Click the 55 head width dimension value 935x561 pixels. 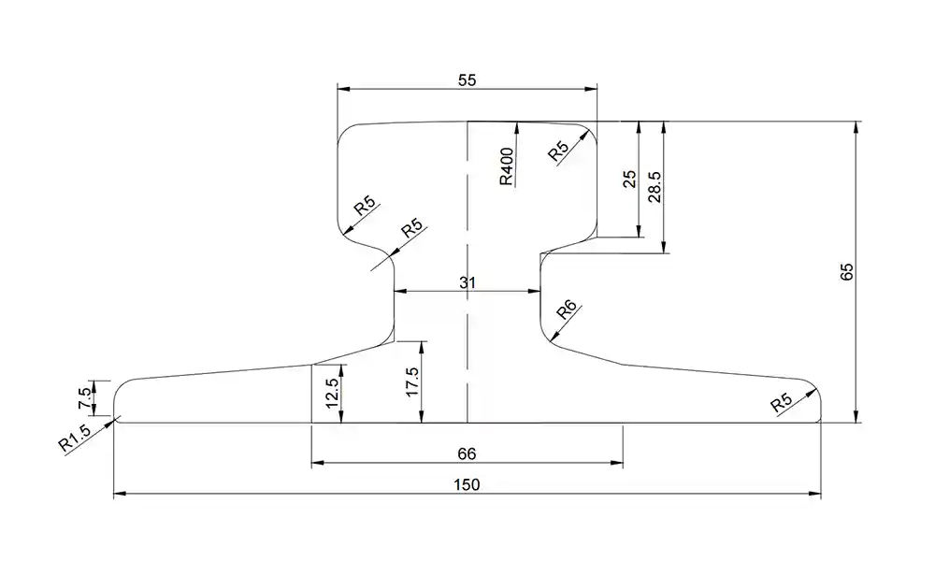point(467,79)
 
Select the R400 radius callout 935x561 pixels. point(506,166)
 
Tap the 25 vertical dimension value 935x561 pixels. point(629,179)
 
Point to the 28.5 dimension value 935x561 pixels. point(654,187)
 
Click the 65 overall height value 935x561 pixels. point(846,272)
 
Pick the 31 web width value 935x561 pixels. point(467,282)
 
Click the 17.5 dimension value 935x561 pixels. point(412,381)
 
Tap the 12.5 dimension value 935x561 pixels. point(332,393)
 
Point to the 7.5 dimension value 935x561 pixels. point(85,397)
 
